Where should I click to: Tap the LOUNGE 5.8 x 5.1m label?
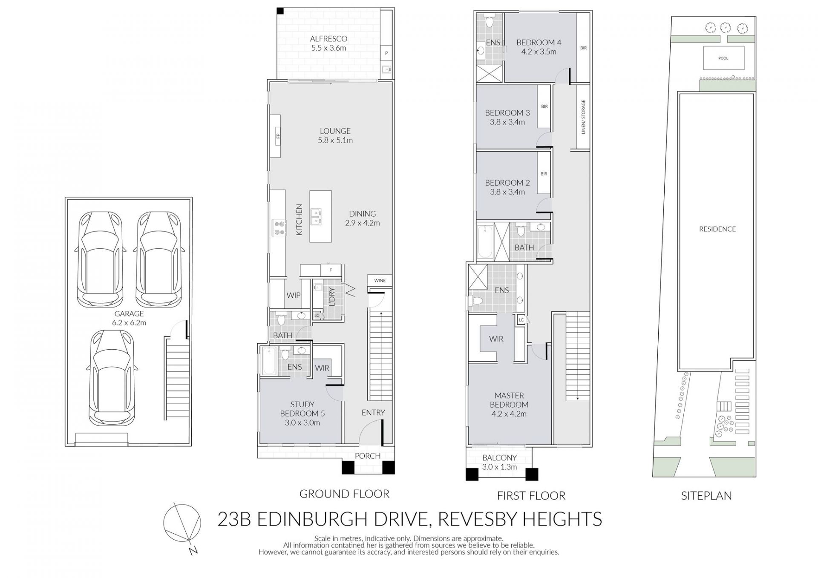(335, 135)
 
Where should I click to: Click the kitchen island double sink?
(316, 216)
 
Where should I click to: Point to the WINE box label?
(380, 280)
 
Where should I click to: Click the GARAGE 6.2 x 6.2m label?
(129, 318)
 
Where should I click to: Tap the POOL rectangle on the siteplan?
(723, 58)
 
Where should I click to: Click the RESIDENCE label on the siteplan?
(717, 229)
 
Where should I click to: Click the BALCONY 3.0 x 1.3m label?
(499, 462)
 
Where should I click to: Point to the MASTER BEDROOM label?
(509, 405)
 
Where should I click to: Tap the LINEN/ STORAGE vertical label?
(583, 117)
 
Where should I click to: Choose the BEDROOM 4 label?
(539, 47)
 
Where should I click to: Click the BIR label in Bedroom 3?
(544, 106)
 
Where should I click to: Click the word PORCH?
(368, 456)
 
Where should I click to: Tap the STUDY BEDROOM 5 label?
(302, 413)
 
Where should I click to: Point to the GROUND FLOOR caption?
(344, 494)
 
